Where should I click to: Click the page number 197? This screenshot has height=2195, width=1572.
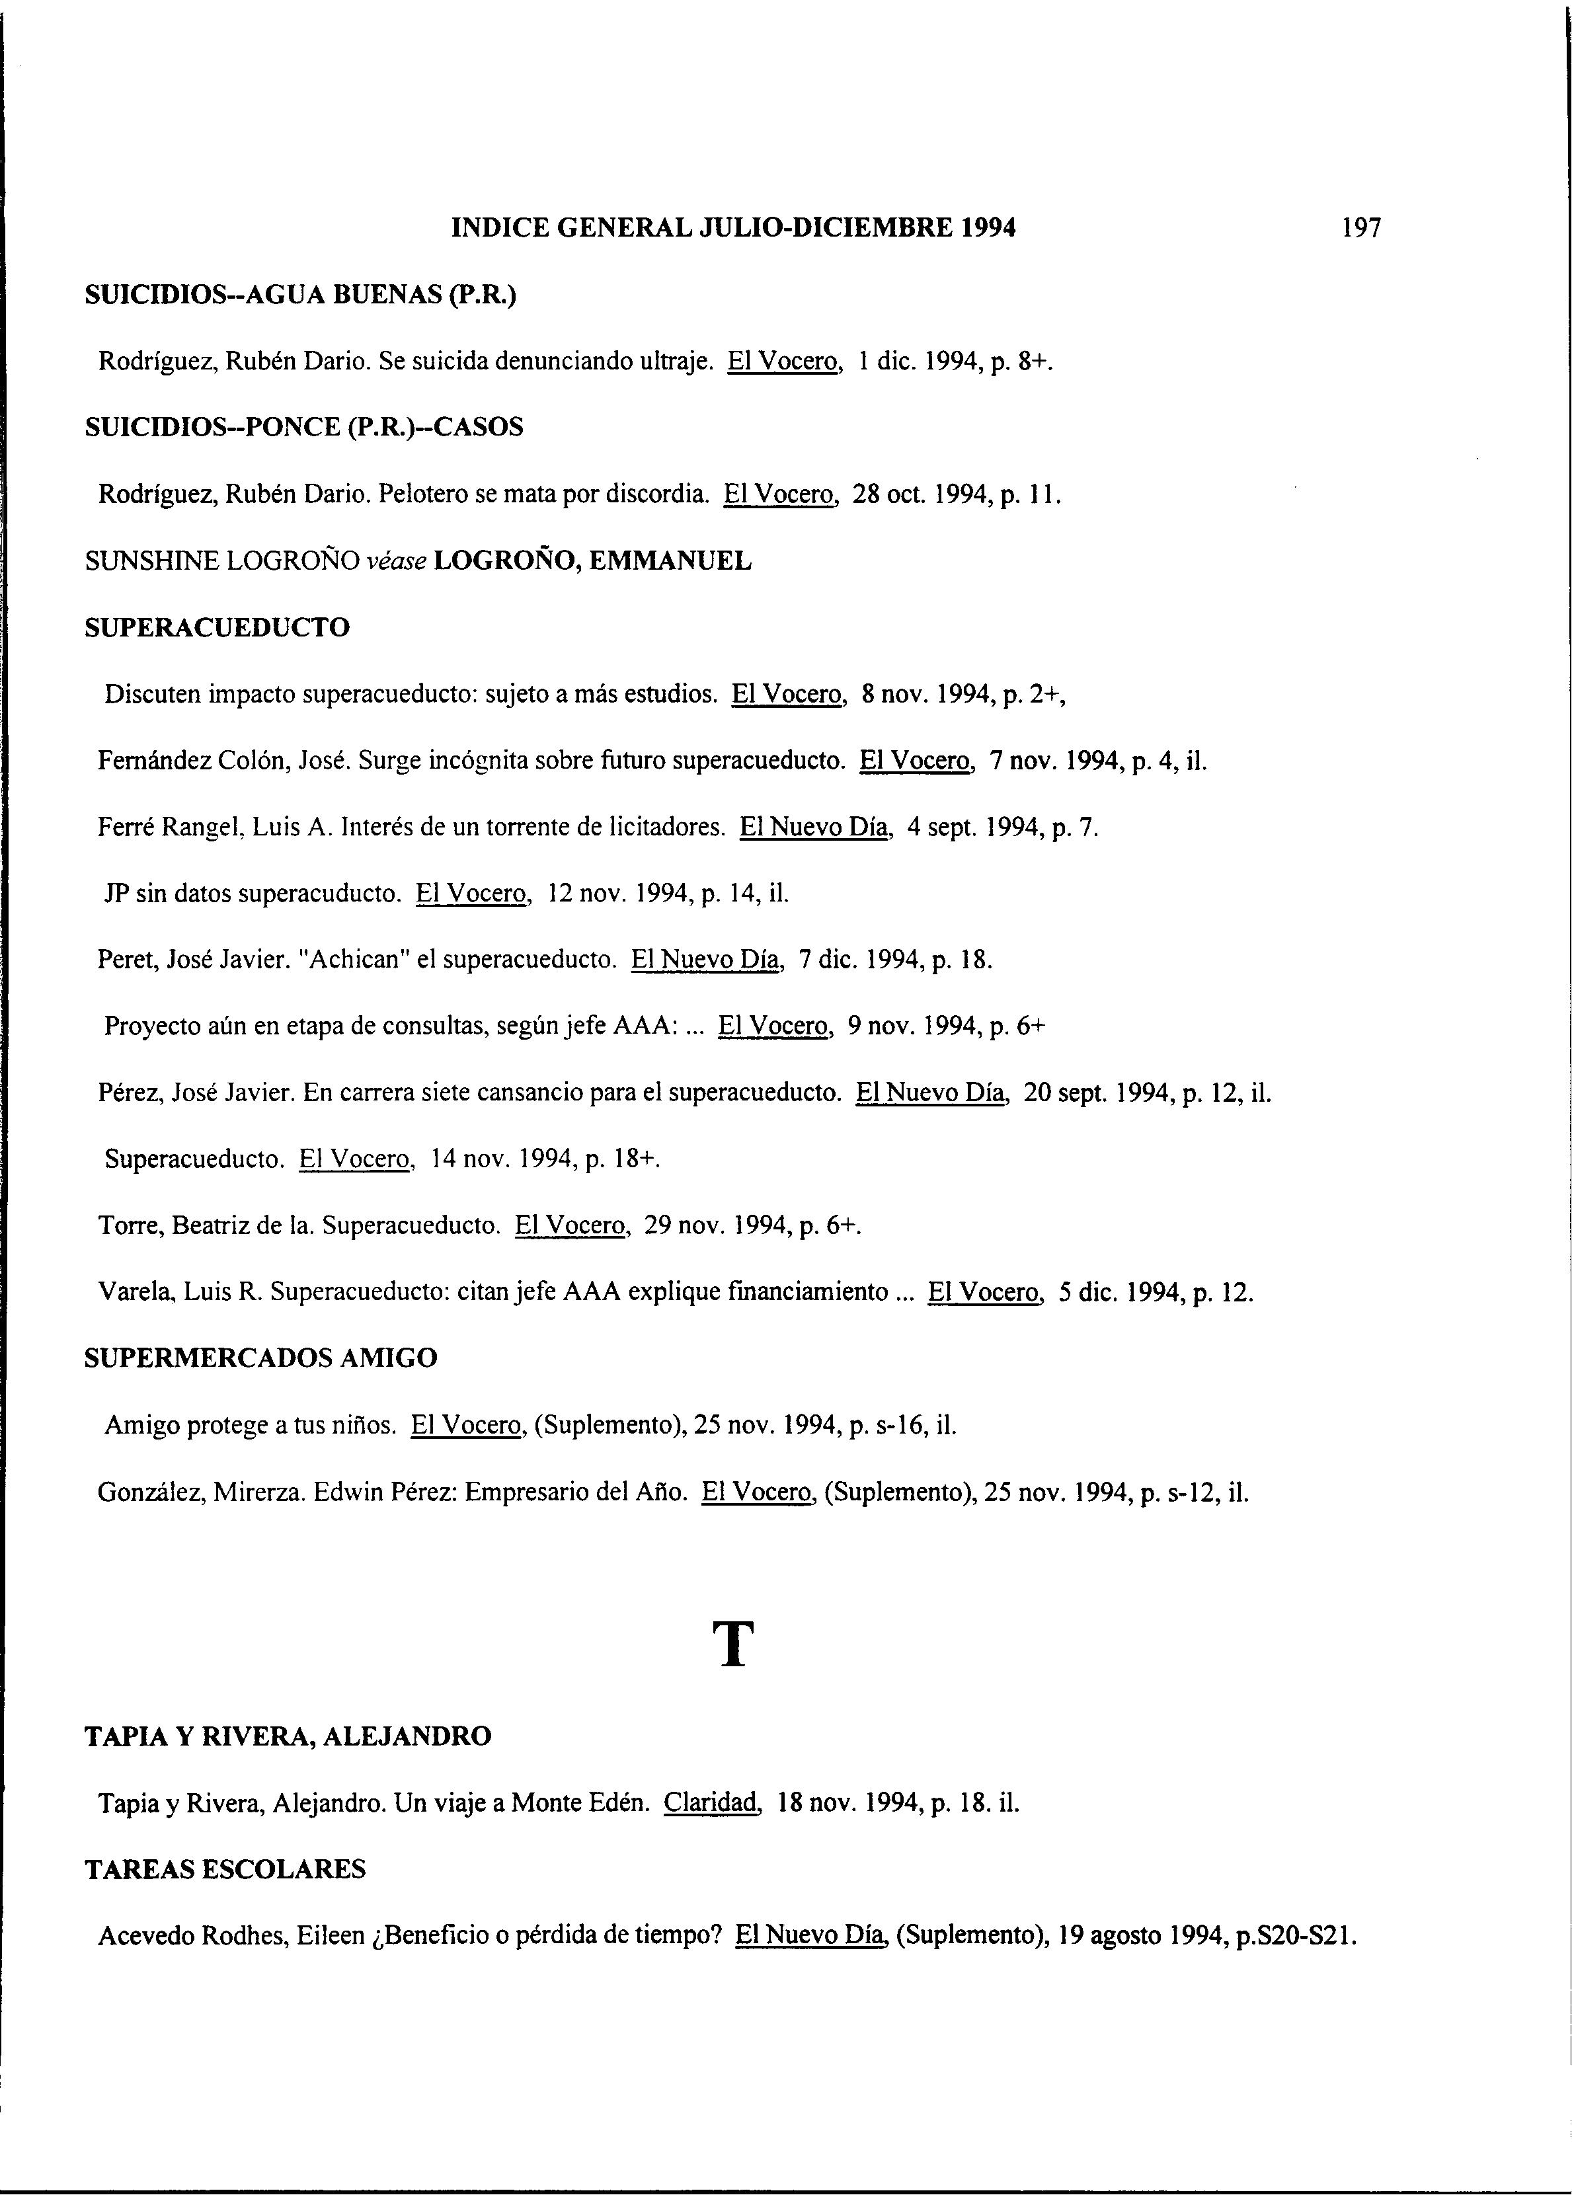[1362, 229]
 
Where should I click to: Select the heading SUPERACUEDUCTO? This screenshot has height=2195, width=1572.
[217, 628]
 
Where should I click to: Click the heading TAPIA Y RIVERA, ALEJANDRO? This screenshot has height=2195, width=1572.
[288, 1736]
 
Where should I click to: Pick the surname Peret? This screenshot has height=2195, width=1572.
[125, 960]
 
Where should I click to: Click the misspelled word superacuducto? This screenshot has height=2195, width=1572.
[319, 894]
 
